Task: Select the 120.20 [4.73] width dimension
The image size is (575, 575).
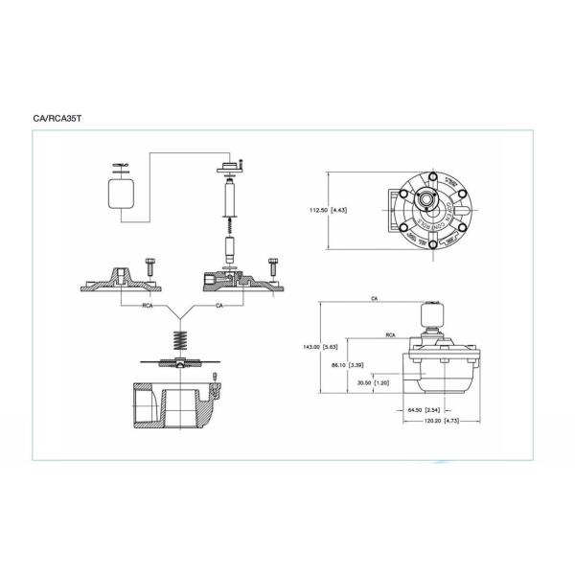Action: tap(444, 420)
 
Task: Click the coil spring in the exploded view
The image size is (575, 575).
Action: tap(178, 340)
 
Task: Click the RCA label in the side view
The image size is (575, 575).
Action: tap(391, 336)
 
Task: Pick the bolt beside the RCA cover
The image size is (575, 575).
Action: tap(150, 264)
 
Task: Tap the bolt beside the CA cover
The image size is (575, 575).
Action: tap(273, 264)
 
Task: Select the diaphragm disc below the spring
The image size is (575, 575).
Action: tap(178, 361)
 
